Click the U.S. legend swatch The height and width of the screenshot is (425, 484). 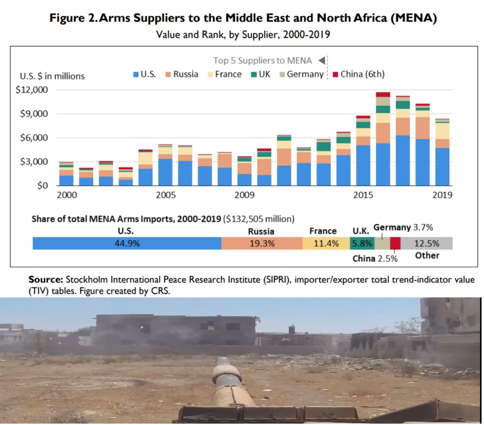pyautogui.click(x=136, y=75)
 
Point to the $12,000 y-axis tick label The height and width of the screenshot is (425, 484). pyautogui.click(x=32, y=90)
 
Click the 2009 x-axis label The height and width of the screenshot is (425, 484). pyautogui.click(x=244, y=195)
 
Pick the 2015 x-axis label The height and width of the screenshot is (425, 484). pyautogui.click(x=363, y=195)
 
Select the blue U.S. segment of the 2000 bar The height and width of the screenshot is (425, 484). pyautogui.click(x=66, y=180)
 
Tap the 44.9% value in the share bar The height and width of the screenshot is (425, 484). pyautogui.click(x=127, y=244)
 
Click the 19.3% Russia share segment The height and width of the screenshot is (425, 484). pyautogui.click(x=262, y=244)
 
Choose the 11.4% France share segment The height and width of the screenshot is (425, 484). pyautogui.click(x=326, y=244)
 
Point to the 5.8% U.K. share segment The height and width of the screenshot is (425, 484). pyautogui.click(x=362, y=244)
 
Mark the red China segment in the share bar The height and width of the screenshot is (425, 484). pyautogui.click(x=395, y=244)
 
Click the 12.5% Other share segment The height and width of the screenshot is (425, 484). pyautogui.click(x=426, y=244)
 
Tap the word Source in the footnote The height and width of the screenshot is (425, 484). pyautogui.click(x=46, y=280)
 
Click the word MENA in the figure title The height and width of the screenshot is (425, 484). pyautogui.click(x=414, y=18)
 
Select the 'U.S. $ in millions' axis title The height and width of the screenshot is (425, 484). pyautogui.click(x=52, y=76)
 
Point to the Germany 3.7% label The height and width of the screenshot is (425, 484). pyautogui.click(x=403, y=228)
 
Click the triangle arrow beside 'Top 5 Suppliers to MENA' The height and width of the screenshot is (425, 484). pyautogui.click(x=322, y=61)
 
